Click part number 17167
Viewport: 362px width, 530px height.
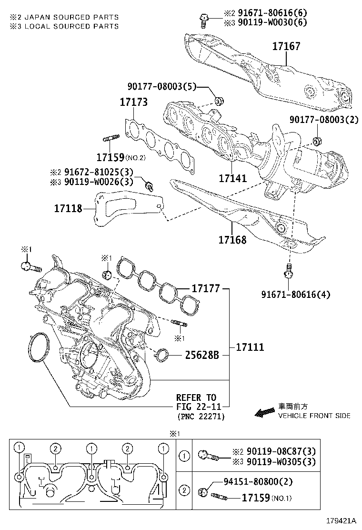[x=286, y=47]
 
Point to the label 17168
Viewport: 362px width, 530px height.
[x=232, y=240]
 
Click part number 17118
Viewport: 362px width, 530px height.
[x=68, y=208]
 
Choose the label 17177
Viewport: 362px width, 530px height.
[x=205, y=288]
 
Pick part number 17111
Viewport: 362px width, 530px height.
[x=250, y=347]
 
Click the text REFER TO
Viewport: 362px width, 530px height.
[x=196, y=397]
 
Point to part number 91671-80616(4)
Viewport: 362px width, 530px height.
[x=295, y=295]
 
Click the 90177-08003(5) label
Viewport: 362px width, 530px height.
[x=161, y=86]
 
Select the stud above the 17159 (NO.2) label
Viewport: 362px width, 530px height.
[x=111, y=139]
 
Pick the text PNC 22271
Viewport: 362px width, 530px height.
[x=201, y=416]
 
